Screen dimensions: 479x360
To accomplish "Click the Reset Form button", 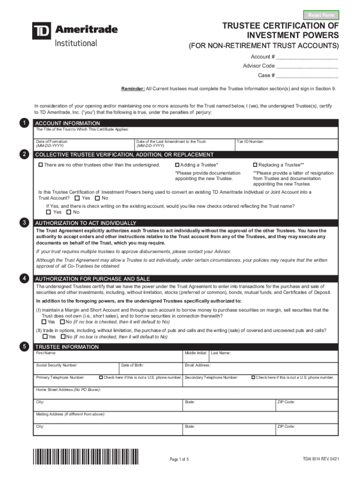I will pyautogui.click(x=321, y=15).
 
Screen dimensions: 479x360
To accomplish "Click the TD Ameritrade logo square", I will pyautogui.click(x=42, y=31).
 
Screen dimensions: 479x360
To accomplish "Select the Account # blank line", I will pyautogui.click(x=307, y=57).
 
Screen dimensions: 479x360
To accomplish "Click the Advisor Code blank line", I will pyautogui.click(x=307, y=66).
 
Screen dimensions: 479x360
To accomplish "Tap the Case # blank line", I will pyautogui.click(x=307, y=75).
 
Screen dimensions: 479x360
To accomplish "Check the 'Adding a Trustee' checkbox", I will pyautogui.click(x=177, y=165).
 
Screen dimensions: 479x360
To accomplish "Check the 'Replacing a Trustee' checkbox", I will pyautogui.click(x=255, y=165).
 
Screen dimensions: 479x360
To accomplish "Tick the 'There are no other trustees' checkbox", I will pyautogui.click(x=41, y=165).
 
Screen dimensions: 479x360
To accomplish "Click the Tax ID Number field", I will pyautogui.click(x=286, y=145).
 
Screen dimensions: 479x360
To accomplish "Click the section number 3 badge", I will pyautogui.click(x=23, y=223).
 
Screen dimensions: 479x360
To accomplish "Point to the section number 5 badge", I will pyautogui.click(x=23, y=347).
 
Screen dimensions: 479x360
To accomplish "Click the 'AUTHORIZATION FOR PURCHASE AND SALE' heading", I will pyautogui.click(x=86, y=279).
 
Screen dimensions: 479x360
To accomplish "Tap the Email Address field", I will pyautogui.click(x=260, y=368).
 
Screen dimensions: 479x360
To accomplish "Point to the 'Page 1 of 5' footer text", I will pyautogui.click(x=179, y=459).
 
